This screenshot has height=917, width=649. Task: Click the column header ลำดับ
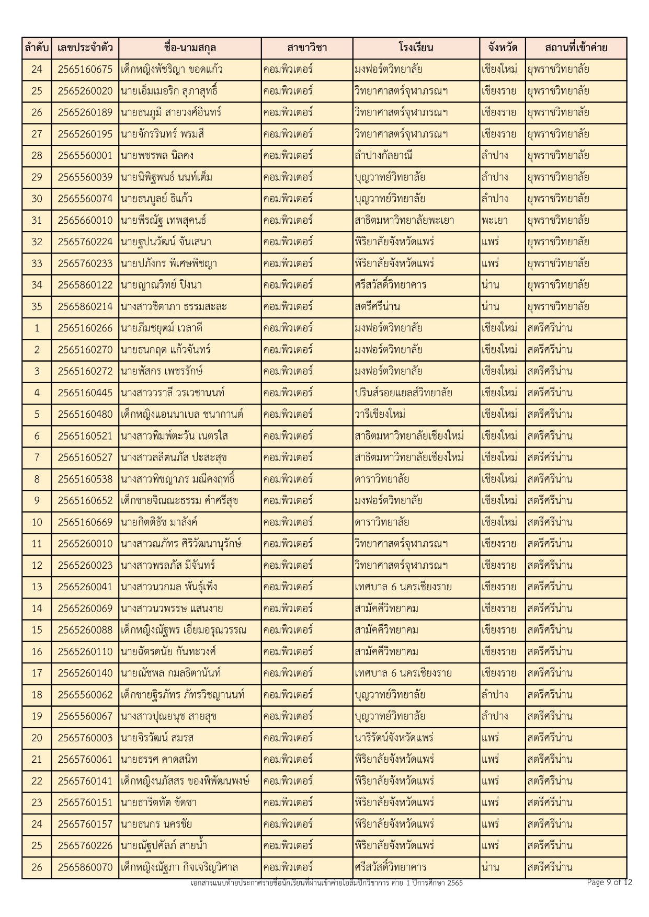pos(37,48)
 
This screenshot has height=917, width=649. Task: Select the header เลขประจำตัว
pos(85,48)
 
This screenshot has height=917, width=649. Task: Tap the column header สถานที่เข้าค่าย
pos(576,48)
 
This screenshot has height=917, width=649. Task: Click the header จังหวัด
pos(503,48)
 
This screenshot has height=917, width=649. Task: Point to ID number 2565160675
pos(85,70)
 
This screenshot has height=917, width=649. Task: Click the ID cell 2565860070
pos(85,867)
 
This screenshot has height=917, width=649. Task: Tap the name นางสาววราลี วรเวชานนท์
pos(173,393)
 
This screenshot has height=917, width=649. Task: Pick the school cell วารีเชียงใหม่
pos(380,415)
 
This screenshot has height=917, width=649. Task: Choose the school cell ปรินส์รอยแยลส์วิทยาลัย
pos(403,393)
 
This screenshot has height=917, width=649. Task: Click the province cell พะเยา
pos(494,221)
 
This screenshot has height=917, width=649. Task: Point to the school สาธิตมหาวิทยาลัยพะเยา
pos(404,221)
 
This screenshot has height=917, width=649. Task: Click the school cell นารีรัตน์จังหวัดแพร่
pos(394,738)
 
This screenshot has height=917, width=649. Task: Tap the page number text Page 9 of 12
pos(609,882)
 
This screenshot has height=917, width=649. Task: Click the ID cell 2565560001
pos(85,156)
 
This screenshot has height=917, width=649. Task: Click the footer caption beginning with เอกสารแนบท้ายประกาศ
pos(327,883)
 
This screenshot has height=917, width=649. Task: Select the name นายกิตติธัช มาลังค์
pos(159,522)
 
